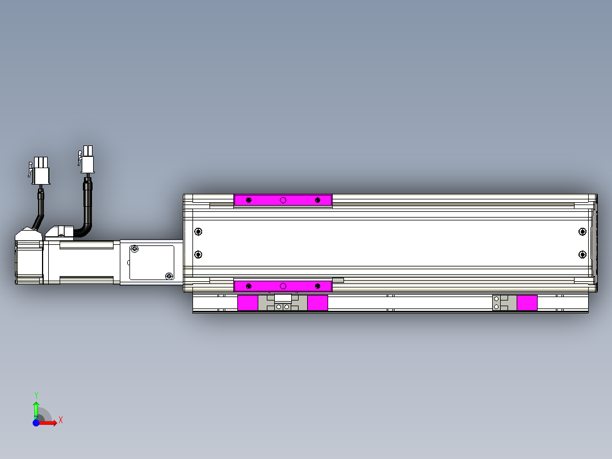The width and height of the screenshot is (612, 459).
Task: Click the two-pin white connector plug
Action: [x=87, y=159]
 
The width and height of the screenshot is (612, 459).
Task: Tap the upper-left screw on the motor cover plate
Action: [x=135, y=249]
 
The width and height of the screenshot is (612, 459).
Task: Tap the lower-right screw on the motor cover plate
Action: [x=168, y=276]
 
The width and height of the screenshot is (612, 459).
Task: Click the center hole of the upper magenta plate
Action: [x=283, y=200]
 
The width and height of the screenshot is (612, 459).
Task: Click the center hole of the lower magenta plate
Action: [x=283, y=286]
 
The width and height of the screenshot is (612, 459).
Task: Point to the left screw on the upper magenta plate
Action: [x=249, y=200]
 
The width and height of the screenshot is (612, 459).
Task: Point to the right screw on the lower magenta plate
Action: [x=317, y=286]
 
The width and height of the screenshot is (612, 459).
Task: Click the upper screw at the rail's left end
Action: [x=198, y=231]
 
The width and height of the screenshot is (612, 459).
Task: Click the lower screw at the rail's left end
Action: [x=198, y=254]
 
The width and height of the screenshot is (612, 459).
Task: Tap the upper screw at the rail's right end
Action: [x=582, y=231]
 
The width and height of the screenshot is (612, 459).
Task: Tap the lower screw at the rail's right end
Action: [x=582, y=254]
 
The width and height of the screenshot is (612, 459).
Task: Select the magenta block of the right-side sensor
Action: [x=527, y=303]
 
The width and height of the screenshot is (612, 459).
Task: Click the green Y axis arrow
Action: [x=36, y=406]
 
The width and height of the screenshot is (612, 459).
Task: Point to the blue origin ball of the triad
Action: [x=36, y=423]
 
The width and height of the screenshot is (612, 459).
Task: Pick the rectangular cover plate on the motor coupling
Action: [x=152, y=262]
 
